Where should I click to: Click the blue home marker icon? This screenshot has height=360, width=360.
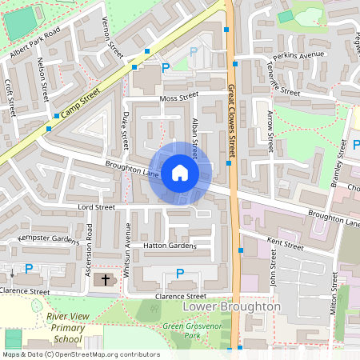point(180,173)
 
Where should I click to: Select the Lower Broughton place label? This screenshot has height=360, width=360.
point(231,306)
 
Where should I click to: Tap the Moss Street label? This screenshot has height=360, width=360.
point(178,98)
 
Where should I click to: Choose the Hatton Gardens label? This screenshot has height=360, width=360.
point(169,246)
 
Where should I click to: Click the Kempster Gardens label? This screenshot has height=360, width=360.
point(47,239)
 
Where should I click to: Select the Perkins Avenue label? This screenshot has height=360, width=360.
point(298,55)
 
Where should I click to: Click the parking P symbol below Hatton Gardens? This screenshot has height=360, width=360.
point(179,274)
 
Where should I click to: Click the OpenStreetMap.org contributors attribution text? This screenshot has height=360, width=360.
point(104,354)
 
